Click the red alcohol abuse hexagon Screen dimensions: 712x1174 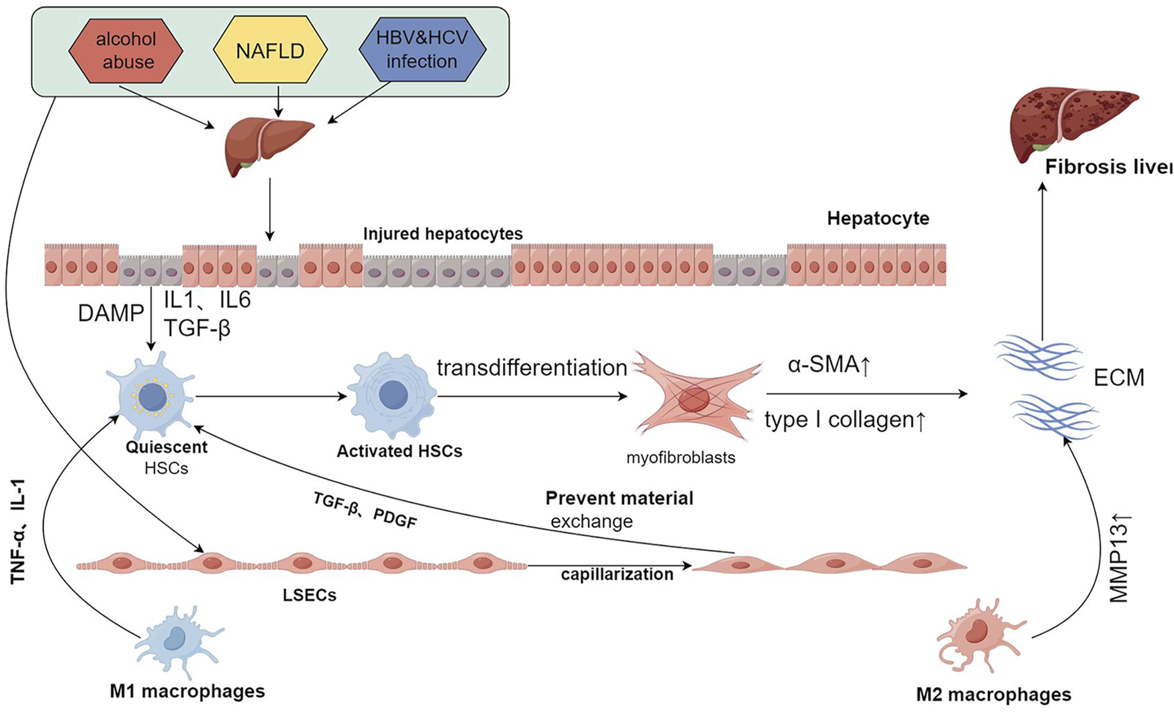126,50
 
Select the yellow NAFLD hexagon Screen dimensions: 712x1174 270,50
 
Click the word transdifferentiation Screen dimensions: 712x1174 531,368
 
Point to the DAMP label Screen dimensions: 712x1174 111,313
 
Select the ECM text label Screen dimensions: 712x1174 1118,378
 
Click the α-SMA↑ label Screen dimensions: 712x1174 829,366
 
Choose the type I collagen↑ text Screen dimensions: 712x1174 846,420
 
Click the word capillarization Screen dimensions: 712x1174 617,574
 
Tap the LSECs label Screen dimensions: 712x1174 310,595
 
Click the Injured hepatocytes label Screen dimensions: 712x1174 443,234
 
